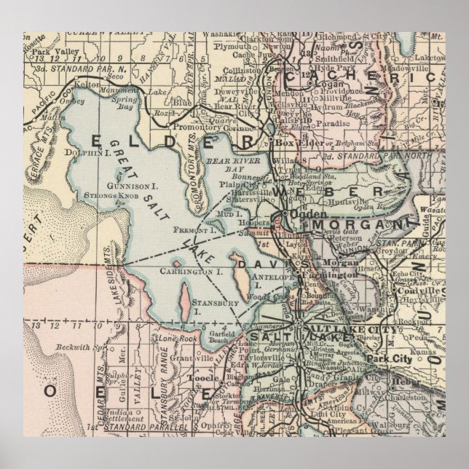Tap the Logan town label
click(328, 84)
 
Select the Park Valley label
click(52, 52)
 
